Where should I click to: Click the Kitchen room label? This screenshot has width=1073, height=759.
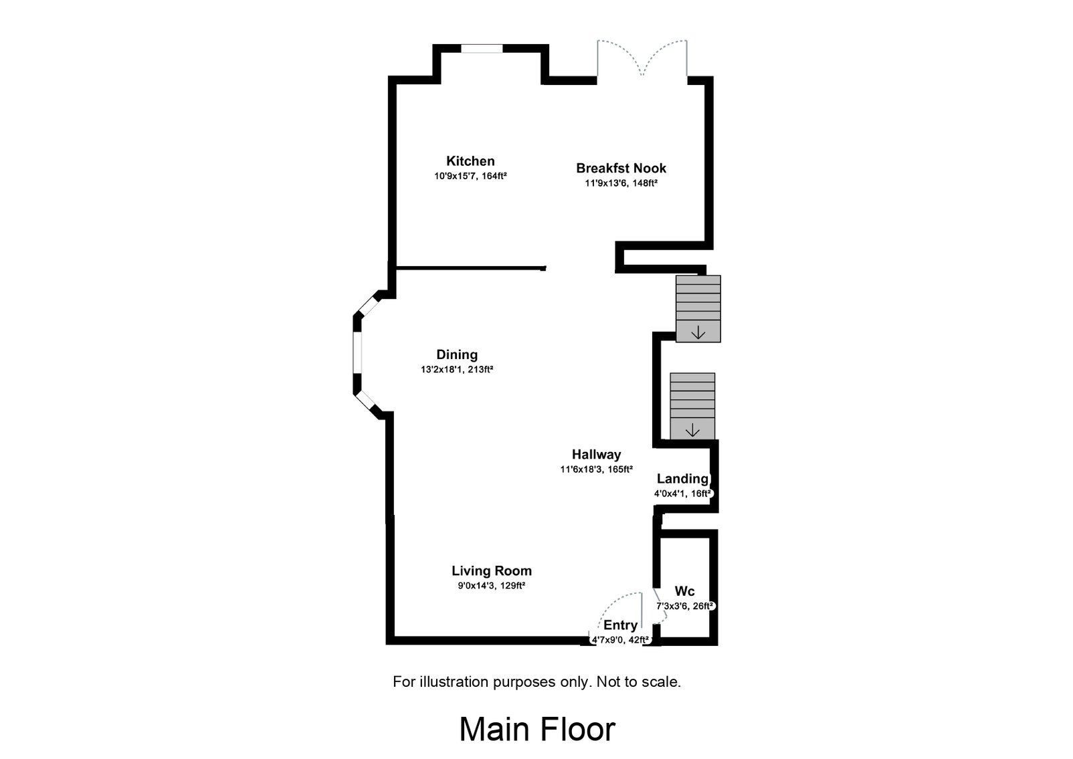(470, 161)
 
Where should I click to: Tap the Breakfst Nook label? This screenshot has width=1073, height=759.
(621, 169)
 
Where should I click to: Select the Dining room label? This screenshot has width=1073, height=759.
(457, 355)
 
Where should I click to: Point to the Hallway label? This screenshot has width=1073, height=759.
(596, 455)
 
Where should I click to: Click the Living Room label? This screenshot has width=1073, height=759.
(492, 571)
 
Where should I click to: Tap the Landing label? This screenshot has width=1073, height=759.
(682, 479)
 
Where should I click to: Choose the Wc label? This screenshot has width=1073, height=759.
(684, 592)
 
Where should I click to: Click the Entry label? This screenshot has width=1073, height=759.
(620, 625)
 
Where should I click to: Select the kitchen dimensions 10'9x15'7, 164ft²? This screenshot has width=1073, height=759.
(470, 177)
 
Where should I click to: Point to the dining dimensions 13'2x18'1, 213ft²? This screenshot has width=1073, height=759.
(457, 369)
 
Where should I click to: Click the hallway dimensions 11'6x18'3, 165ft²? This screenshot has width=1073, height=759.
(596, 469)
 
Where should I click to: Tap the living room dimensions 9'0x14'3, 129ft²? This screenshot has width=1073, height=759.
(492, 586)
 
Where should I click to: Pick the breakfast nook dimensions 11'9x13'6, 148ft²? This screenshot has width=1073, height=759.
(621, 183)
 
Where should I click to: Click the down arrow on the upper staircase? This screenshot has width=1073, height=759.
(698, 332)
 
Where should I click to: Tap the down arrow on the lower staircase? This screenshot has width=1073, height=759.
(692, 430)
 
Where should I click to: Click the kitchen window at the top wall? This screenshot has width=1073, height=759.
(482, 49)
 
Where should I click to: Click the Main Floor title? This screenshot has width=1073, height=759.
(536, 730)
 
